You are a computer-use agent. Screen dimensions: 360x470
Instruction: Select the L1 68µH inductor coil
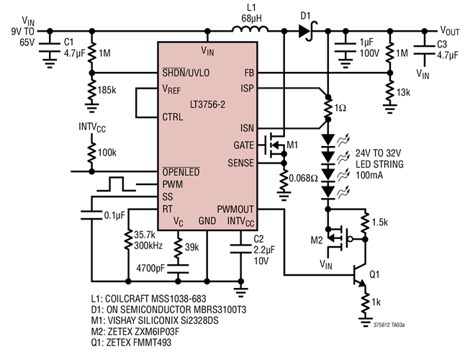[x=250, y=30]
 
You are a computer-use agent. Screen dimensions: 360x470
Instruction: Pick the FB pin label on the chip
[x=248, y=73]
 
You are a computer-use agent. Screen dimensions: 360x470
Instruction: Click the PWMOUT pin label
[x=235, y=209]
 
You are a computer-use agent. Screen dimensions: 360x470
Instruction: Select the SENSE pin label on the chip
[x=241, y=163]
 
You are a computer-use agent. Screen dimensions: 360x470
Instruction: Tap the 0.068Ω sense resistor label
[x=302, y=177]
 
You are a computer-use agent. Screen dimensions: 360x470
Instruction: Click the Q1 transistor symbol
[x=360, y=275]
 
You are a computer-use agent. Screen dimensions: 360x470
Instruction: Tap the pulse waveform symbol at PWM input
[x=117, y=185]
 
